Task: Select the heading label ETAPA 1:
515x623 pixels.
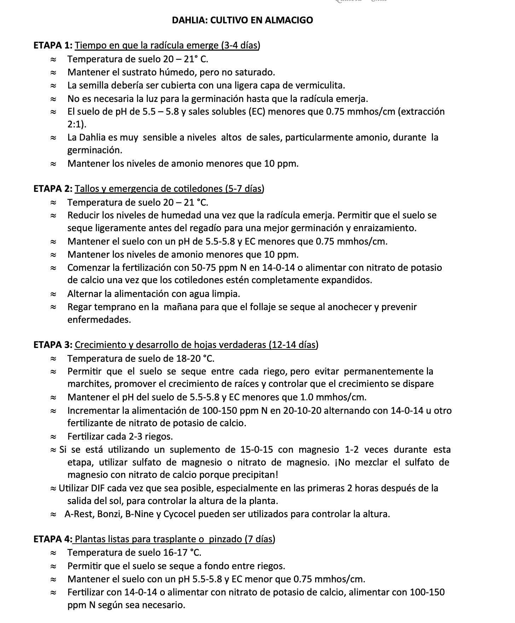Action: pyautogui.click(x=53, y=45)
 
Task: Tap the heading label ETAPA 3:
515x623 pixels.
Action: pyautogui.click(x=53, y=344)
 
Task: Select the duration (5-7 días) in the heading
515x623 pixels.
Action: pyautogui.click(x=244, y=188)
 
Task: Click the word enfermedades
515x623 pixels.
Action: pyautogui.click(x=99, y=320)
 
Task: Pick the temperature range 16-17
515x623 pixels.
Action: pyautogui.click(x=176, y=552)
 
